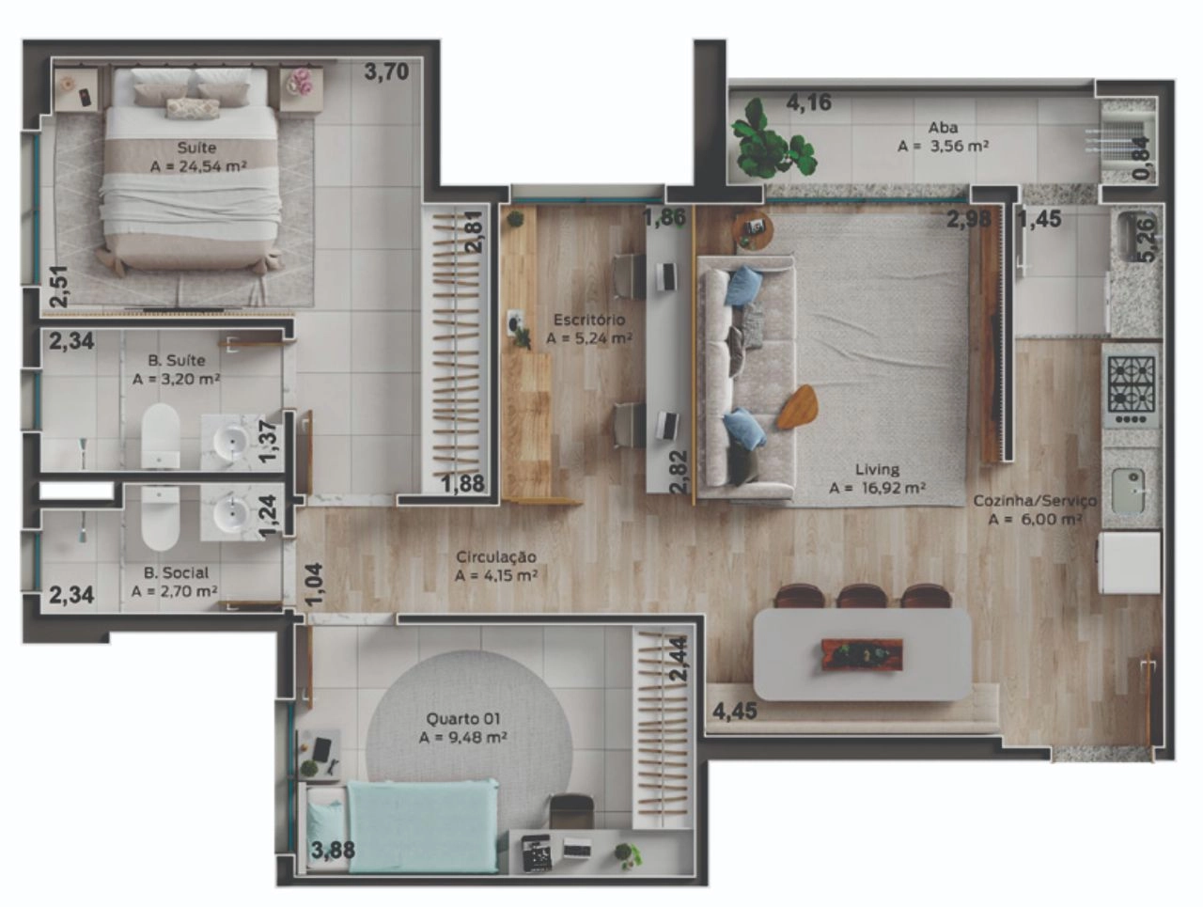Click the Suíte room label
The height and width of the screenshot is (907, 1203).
(x=196, y=148)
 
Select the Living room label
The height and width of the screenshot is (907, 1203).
(x=878, y=469)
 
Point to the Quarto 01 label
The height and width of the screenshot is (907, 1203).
(x=463, y=718)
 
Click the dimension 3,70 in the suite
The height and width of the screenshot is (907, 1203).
(x=387, y=71)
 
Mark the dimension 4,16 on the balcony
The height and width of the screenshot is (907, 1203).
(x=809, y=102)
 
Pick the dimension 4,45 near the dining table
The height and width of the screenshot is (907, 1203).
(x=734, y=712)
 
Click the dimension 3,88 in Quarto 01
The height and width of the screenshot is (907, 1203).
(x=333, y=850)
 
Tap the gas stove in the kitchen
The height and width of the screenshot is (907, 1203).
(x=1132, y=391)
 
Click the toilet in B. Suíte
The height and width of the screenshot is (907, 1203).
(x=161, y=436)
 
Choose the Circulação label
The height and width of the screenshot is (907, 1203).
(x=496, y=556)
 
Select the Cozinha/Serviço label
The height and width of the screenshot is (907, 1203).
(x=1035, y=500)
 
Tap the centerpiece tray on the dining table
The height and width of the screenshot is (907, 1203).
(x=862, y=654)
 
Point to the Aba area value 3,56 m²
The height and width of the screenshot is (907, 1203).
(x=960, y=147)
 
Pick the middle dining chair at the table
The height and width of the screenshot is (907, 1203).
(x=862, y=596)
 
